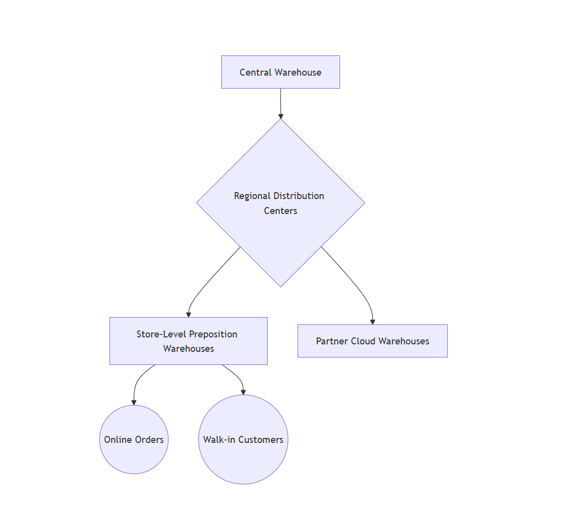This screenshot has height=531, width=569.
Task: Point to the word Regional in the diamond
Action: click(252, 196)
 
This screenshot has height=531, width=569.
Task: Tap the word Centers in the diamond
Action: click(281, 211)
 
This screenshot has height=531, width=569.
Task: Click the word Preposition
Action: click(213, 334)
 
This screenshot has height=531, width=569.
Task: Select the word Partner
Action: click(331, 341)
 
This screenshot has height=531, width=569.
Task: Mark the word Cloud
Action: click(363, 341)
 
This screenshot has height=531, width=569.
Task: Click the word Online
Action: click(119, 440)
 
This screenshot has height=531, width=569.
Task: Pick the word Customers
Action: click(261, 440)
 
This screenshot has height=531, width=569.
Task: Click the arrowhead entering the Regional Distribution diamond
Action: click(281, 116)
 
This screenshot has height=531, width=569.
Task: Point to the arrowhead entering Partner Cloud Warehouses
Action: click(372, 322)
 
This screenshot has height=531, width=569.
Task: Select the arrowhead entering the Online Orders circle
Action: click(134, 402)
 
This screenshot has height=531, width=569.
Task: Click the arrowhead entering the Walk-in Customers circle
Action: click(243, 392)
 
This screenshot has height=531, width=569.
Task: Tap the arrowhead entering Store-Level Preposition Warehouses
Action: click(188, 315)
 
